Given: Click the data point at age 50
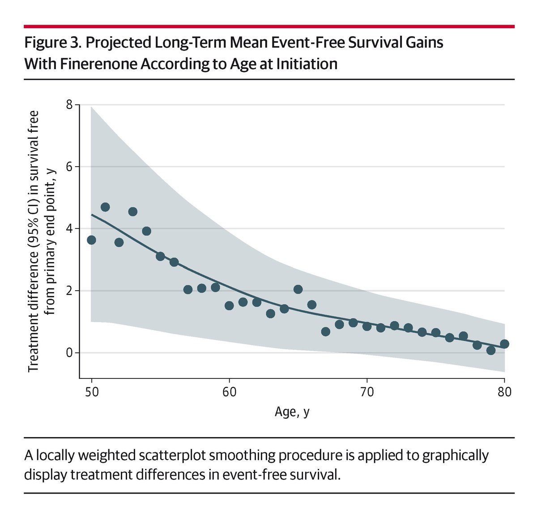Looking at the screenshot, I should [91, 240].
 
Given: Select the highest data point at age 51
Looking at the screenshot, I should [105, 207].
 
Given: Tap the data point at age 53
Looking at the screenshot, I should [132, 211].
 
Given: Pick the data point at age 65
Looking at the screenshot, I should [298, 289].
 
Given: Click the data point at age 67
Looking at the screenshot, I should [325, 331].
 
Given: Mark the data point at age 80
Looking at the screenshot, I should [504, 344].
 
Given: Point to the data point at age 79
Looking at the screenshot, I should [490, 350].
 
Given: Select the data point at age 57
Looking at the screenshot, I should [188, 289].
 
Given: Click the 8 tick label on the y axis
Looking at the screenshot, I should [69, 105].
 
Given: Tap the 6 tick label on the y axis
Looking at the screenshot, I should [69, 167].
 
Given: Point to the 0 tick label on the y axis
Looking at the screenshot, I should [69, 353].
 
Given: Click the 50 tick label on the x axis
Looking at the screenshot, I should [91, 392].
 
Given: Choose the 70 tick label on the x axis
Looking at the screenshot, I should [367, 392].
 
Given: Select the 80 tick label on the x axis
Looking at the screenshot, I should [504, 392].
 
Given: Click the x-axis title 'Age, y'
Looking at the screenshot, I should [292, 412].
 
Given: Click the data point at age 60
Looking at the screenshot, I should [229, 305].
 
